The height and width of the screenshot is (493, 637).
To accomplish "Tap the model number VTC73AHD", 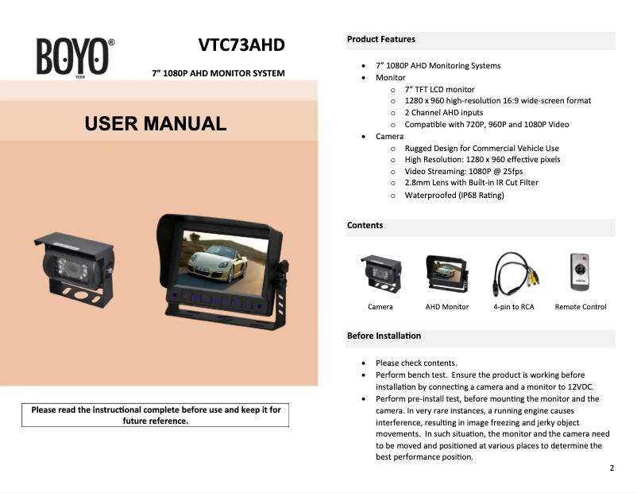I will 241,45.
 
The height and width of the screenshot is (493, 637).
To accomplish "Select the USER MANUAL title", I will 156,123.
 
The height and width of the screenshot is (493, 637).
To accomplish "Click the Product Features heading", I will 381,39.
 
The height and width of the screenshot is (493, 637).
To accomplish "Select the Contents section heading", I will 365,226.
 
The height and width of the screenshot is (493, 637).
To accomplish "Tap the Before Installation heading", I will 384,336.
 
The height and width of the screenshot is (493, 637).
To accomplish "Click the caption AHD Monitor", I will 447,307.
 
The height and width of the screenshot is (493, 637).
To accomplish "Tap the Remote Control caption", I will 581,307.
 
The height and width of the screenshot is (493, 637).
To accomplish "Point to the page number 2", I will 612,468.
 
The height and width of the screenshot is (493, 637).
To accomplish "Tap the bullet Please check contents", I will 416,363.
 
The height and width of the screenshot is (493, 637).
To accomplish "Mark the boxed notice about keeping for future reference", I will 156,415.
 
